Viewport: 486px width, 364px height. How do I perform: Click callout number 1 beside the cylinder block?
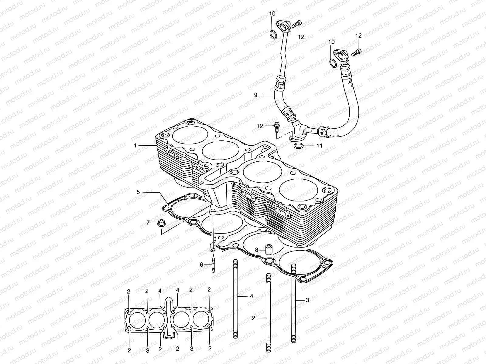pyautogui.click(x=135, y=146)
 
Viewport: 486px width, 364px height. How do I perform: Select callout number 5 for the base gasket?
pyautogui.click(x=138, y=192)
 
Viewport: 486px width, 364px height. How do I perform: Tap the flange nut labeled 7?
pyautogui.click(x=161, y=223)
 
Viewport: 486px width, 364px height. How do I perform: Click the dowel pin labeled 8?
pyautogui.click(x=269, y=249)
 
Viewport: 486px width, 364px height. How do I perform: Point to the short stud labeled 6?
pyautogui.click(x=214, y=265)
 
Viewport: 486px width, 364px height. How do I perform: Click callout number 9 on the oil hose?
pyautogui.click(x=255, y=95)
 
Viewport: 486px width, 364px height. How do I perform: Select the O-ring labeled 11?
pyautogui.click(x=299, y=146)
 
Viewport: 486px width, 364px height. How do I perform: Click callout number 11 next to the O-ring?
pyautogui.click(x=319, y=146)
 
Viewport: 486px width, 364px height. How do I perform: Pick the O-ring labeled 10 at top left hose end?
pyautogui.click(x=273, y=35)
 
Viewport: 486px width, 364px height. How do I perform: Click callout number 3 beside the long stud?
pyautogui.click(x=307, y=300)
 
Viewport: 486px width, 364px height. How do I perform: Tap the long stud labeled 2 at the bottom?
pyautogui.click(x=269, y=315)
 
